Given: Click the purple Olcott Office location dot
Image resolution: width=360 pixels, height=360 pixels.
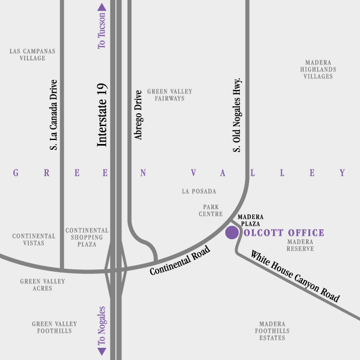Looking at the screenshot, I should (x=232, y=233).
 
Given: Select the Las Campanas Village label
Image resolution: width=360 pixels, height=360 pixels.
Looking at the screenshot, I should (x=33, y=55).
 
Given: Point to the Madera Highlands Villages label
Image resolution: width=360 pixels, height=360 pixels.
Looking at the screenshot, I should (x=318, y=69).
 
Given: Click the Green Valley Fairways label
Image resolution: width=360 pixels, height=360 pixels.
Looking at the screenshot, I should (x=170, y=95).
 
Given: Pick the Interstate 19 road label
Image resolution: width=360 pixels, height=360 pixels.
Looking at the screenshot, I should (x=102, y=114).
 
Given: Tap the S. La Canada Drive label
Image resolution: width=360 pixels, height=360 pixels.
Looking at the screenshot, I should (x=53, y=114).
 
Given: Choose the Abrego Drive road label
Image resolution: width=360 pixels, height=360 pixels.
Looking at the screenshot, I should (x=138, y=114).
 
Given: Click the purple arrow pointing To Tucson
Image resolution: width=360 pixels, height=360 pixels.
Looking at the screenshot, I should (x=102, y=8).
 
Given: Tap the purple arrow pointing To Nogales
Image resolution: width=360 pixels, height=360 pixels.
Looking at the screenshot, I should (x=102, y=351).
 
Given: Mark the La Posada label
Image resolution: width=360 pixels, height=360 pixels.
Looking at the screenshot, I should (x=199, y=191).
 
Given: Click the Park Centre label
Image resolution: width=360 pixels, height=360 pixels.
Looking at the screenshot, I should (x=210, y=210).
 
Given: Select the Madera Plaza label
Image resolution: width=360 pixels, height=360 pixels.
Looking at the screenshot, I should (x=249, y=219).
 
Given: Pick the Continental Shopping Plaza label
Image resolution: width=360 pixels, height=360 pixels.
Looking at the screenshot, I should (x=87, y=237).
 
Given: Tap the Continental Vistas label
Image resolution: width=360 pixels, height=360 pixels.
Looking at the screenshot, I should (x=34, y=240).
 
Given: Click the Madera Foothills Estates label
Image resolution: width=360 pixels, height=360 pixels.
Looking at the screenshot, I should (x=272, y=331).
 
